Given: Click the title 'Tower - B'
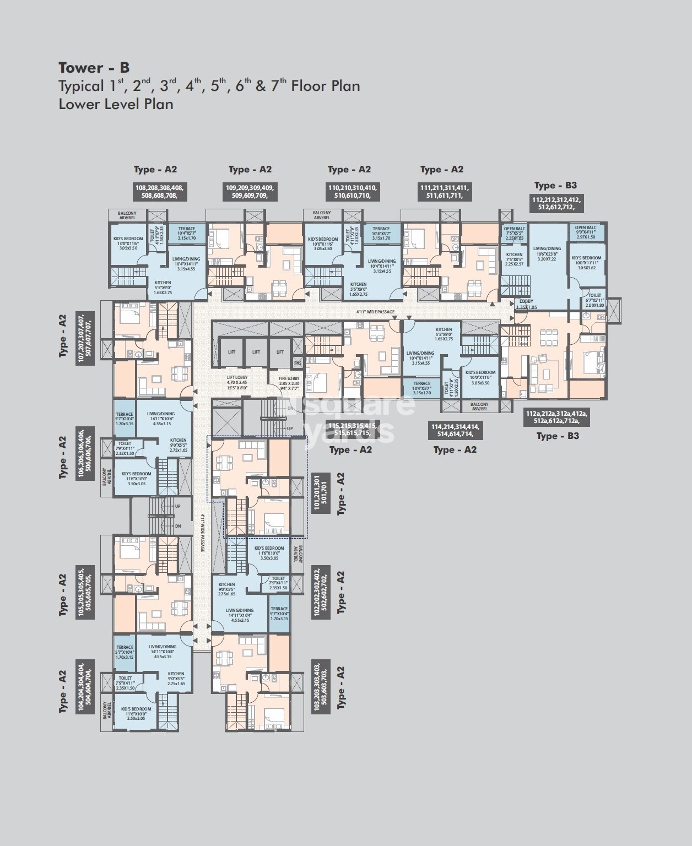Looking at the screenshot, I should pyautogui.click(x=94, y=68).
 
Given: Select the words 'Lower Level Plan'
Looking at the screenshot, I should pyautogui.click(x=116, y=104).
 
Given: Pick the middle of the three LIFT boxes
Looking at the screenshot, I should pyautogui.click(x=256, y=352).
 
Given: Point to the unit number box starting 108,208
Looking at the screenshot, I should pyautogui.click(x=159, y=191).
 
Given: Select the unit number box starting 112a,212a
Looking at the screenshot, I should pyautogui.click(x=556, y=417).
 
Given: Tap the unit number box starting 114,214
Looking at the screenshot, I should pyautogui.click(x=455, y=430).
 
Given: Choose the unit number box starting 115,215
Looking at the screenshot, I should pyautogui.click(x=353, y=430).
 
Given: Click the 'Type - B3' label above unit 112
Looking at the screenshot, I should pyautogui.click(x=555, y=185).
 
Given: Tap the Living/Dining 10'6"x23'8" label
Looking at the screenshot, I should pyautogui.click(x=547, y=253).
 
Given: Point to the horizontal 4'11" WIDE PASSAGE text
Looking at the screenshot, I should pyautogui.click(x=375, y=312).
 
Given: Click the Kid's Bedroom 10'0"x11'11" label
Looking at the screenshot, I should pyautogui.click(x=586, y=263).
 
